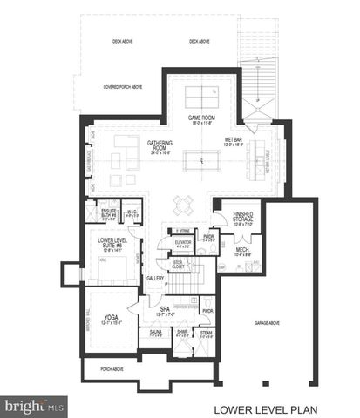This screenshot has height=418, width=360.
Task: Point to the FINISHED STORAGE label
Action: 243,219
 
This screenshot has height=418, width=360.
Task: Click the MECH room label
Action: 241,252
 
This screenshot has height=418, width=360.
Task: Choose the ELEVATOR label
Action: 183,243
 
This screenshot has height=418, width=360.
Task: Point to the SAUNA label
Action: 156,333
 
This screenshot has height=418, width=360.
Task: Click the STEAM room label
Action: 206,333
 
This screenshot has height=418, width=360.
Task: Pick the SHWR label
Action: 181,333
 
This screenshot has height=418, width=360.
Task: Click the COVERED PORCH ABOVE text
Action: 122,87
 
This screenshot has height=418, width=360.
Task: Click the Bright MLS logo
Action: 35,407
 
